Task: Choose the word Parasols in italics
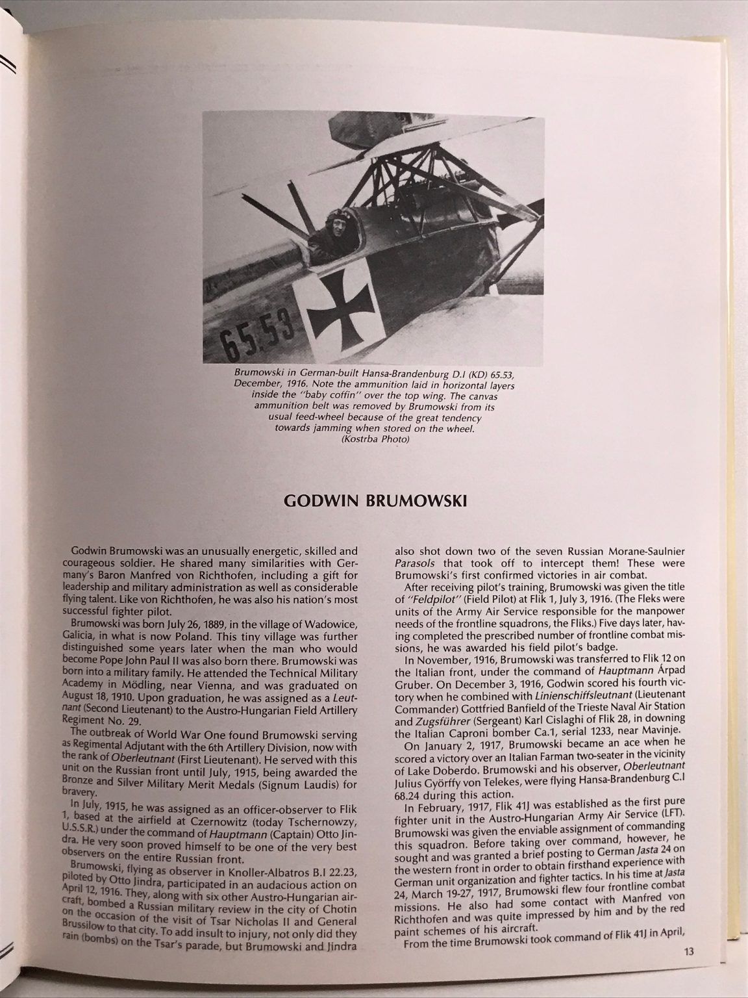[418, 561]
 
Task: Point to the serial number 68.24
[412, 793]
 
